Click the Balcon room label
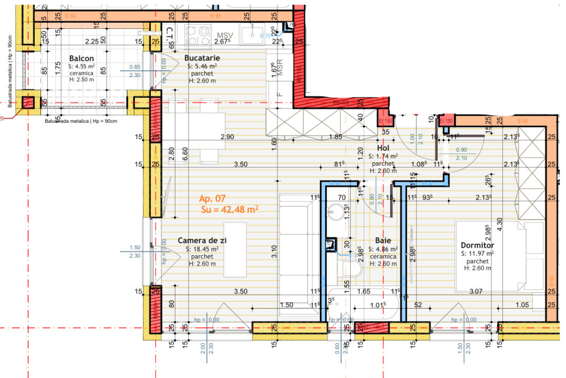point(81,58)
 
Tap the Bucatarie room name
point(202,58)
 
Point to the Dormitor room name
point(477,245)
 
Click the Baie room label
point(383,241)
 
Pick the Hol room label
point(383,149)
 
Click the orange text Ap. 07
point(212,198)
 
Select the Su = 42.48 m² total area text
point(229,209)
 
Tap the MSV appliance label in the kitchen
point(225,35)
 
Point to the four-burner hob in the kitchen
point(198,36)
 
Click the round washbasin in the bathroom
point(334,213)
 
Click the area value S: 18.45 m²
point(202,249)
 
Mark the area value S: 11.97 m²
point(477,254)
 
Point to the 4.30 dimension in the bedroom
point(500,223)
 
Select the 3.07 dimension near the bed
point(476,291)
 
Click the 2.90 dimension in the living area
point(227,136)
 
